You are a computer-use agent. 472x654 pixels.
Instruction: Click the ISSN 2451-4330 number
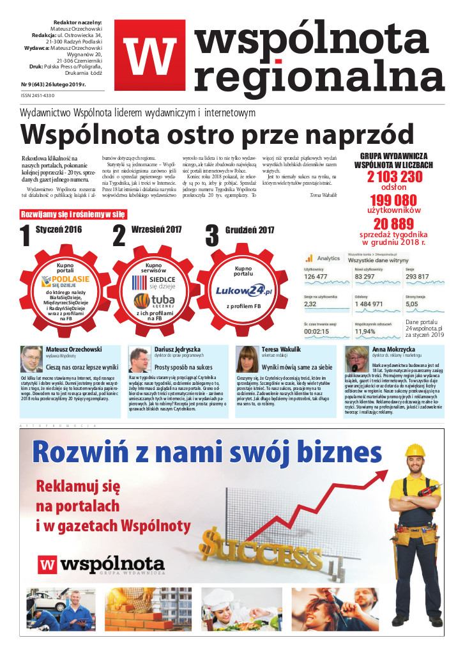pos(38,96)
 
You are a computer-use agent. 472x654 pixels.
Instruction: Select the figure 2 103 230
pos(394,177)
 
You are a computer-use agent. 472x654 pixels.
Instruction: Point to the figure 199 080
pos(394,199)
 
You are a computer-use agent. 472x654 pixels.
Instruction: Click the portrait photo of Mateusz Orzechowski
pos(31,359)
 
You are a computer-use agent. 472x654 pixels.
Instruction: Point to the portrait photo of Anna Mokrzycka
pos(356,359)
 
